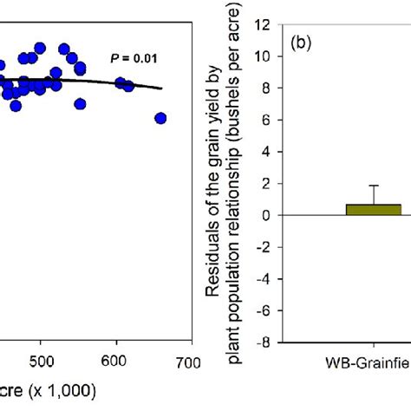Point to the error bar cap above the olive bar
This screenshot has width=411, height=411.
(374, 186)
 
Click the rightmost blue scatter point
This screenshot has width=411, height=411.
(160, 118)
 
